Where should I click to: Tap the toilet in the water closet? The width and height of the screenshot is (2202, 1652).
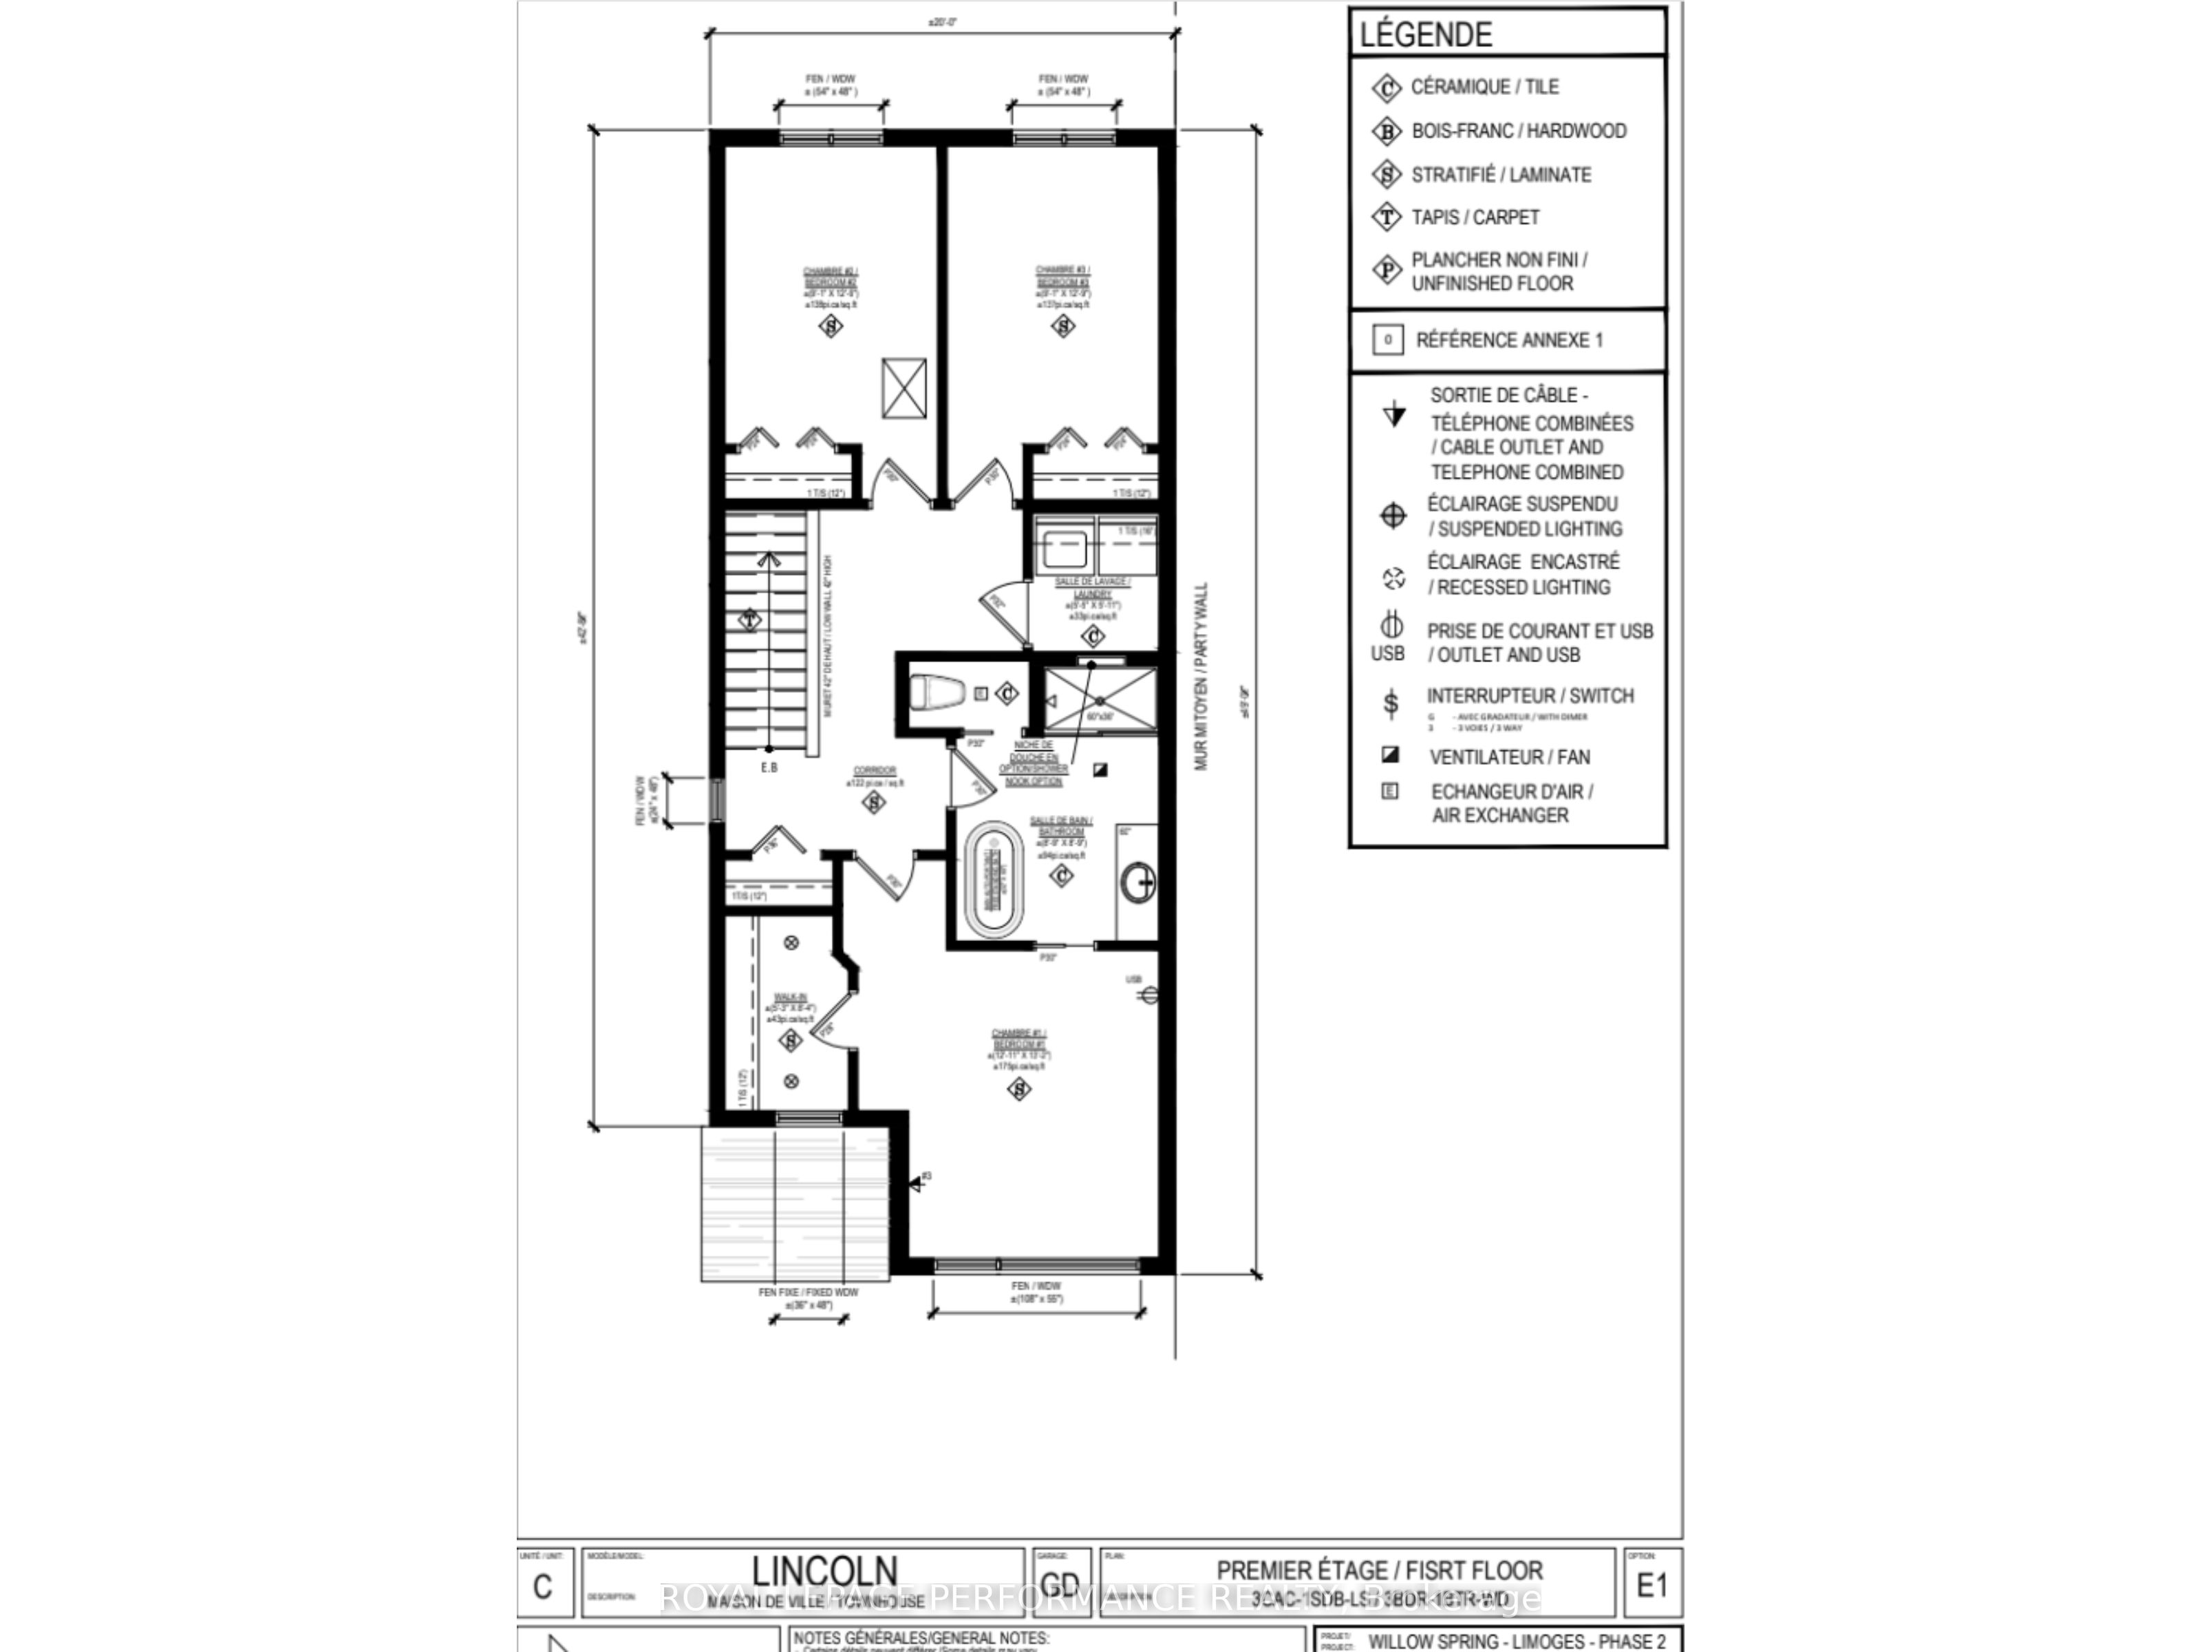click(x=936, y=692)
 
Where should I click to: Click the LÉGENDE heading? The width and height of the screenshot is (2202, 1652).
click(x=1426, y=35)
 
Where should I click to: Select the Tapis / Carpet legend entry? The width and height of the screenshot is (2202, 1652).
click(x=1474, y=217)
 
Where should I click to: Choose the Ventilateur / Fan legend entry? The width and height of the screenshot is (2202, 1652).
click(x=1509, y=756)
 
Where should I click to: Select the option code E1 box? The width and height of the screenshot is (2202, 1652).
click(x=1651, y=1585)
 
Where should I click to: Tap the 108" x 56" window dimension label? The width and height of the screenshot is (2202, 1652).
click(x=1037, y=1298)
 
